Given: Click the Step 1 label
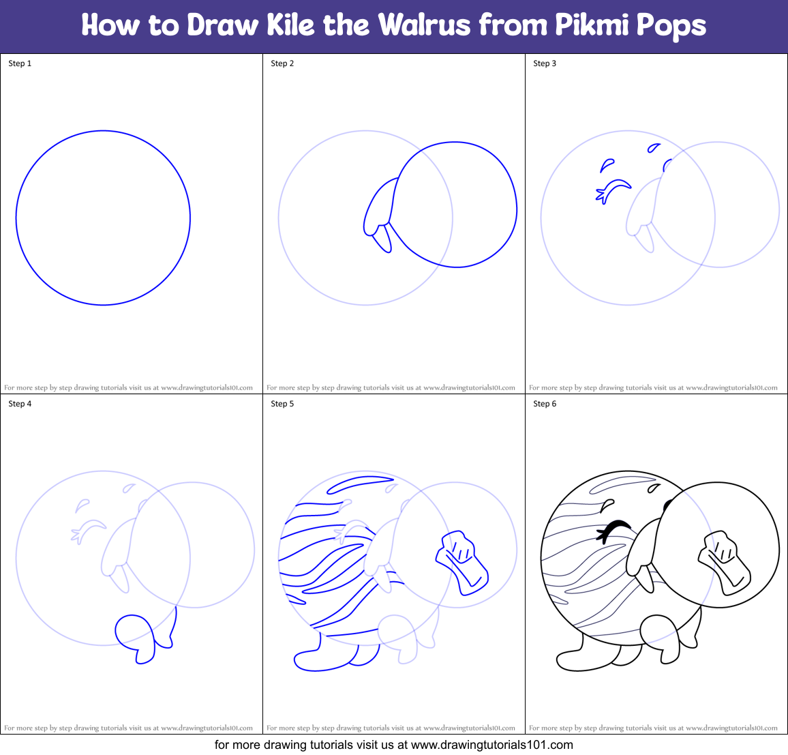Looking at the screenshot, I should (x=20, y=63).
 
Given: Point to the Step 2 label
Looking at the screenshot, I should (x=282, y=63).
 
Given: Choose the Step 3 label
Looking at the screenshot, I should (x=545, y=63).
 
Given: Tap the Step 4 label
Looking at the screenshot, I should (x=20, y=404).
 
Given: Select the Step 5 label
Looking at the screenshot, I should (x=282, y=404).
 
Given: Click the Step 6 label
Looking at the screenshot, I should (x=545, y=404).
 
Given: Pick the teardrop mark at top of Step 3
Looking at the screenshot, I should (x=654, y=147).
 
